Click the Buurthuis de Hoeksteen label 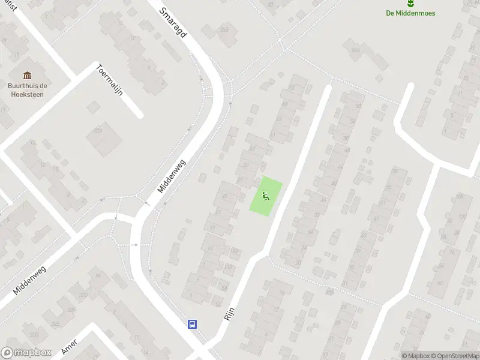[x=27, y=89]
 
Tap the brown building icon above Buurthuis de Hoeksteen [x=27, y=75]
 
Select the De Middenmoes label [x=411, y=13]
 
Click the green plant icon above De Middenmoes [x=411, y=3]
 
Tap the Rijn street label [x=229, y=311]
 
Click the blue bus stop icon [x=193, y=324]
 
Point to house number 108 [x=460, y=197]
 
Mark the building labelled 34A [x=355, y=50]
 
